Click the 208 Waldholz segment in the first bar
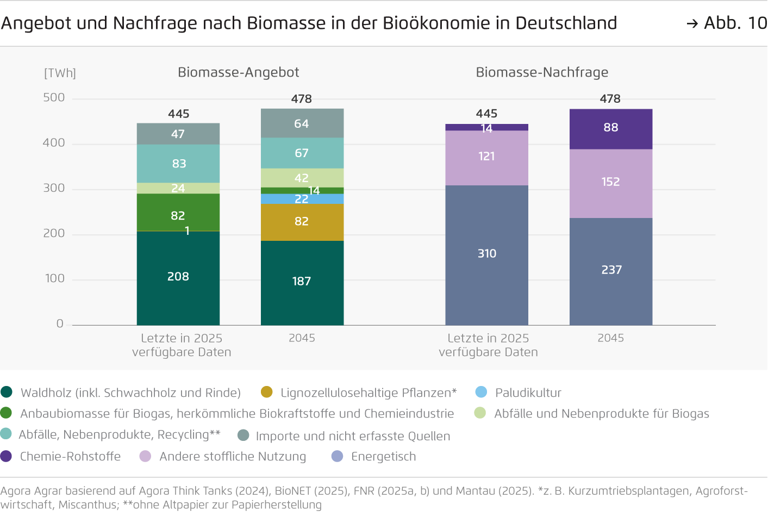tap(178, 278)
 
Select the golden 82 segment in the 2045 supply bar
tap(302, 222)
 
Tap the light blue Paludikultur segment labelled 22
tap(302, 199)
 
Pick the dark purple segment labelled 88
tap(610, 128)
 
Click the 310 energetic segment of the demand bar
tap(486, 254)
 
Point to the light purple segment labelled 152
tap(610, 183)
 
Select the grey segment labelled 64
tap(302, 124)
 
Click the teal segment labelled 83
tap(178, 164)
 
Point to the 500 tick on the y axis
tap(54, 98)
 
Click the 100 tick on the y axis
tap(55, 278)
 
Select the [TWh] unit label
tap(60, 73)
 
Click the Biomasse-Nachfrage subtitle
tap(542, 72)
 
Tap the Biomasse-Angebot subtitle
tap(238, 72)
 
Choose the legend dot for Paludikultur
tap(481, 392)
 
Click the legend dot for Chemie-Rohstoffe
tap(6, 456)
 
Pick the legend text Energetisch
tap(383, 457)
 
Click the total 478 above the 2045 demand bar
tap(610, 99)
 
